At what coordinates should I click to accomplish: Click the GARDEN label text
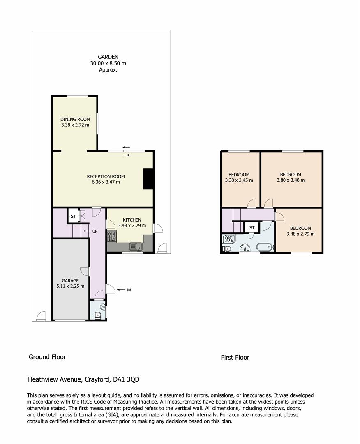(108, 57)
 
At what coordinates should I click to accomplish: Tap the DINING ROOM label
(75, 119)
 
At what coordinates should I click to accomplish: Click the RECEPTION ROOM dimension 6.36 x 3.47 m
(106, 182)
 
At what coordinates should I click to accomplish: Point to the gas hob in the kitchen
(112, 236)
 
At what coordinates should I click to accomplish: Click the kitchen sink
(136, 247)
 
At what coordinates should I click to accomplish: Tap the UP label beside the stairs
(95, 231)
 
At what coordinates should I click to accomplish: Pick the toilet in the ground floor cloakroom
(97, 315)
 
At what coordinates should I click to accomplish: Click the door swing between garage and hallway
(85, 272)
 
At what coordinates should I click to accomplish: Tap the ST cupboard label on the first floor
(252, 227)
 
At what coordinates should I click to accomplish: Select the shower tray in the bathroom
(227, 239)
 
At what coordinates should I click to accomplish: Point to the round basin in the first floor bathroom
(245, 248)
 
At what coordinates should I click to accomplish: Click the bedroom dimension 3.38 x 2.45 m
(239, 180)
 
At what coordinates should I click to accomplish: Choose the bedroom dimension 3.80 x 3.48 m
(291, 180)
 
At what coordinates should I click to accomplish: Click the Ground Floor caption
(47, 357)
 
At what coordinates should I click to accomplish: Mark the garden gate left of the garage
(40, 317)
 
